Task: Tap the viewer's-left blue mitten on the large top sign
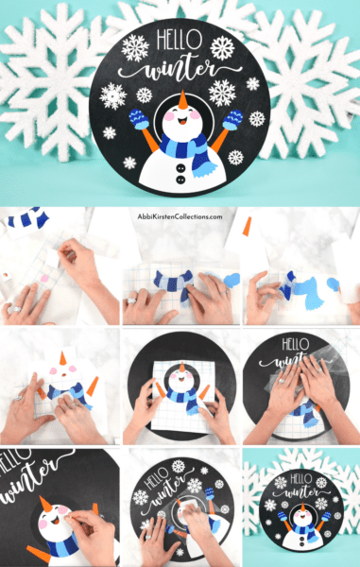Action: (x=140, y=118)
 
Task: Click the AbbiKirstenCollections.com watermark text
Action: (x=180, y=216)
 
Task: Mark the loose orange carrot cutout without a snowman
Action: (x=247, y=227)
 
